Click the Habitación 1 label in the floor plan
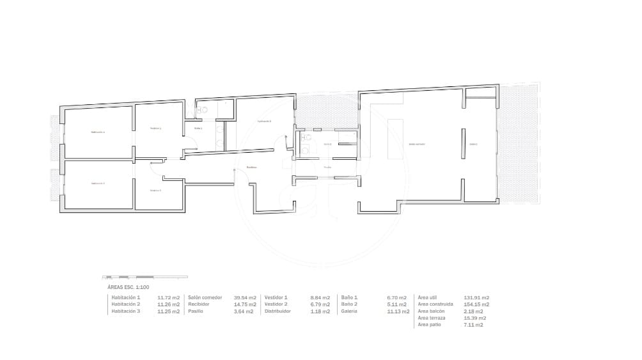[x=98, y=132]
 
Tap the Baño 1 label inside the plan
[x=198, y=129]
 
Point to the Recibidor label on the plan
[x=252, y=168]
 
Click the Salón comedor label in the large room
[x=417, y=145]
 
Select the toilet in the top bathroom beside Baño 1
[x=204, y=110]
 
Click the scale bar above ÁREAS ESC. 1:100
[x=145, y=278]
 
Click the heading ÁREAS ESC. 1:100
[x=128, y=288]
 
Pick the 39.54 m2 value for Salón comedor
[x=245, y=298]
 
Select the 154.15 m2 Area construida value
[x=476, y=304]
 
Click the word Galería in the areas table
[x=349, y=311]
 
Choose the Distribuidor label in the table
[x=278, y=311]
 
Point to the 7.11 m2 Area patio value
[x=473, y=325]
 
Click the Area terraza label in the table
[x=431, y=318]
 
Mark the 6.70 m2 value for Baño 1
[x=396, y=298]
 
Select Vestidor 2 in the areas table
[x=276, y=304]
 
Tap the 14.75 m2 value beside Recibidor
[x=245, y=304]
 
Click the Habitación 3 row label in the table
[x=125, y=311]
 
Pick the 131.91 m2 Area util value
[x=476, y=298]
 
